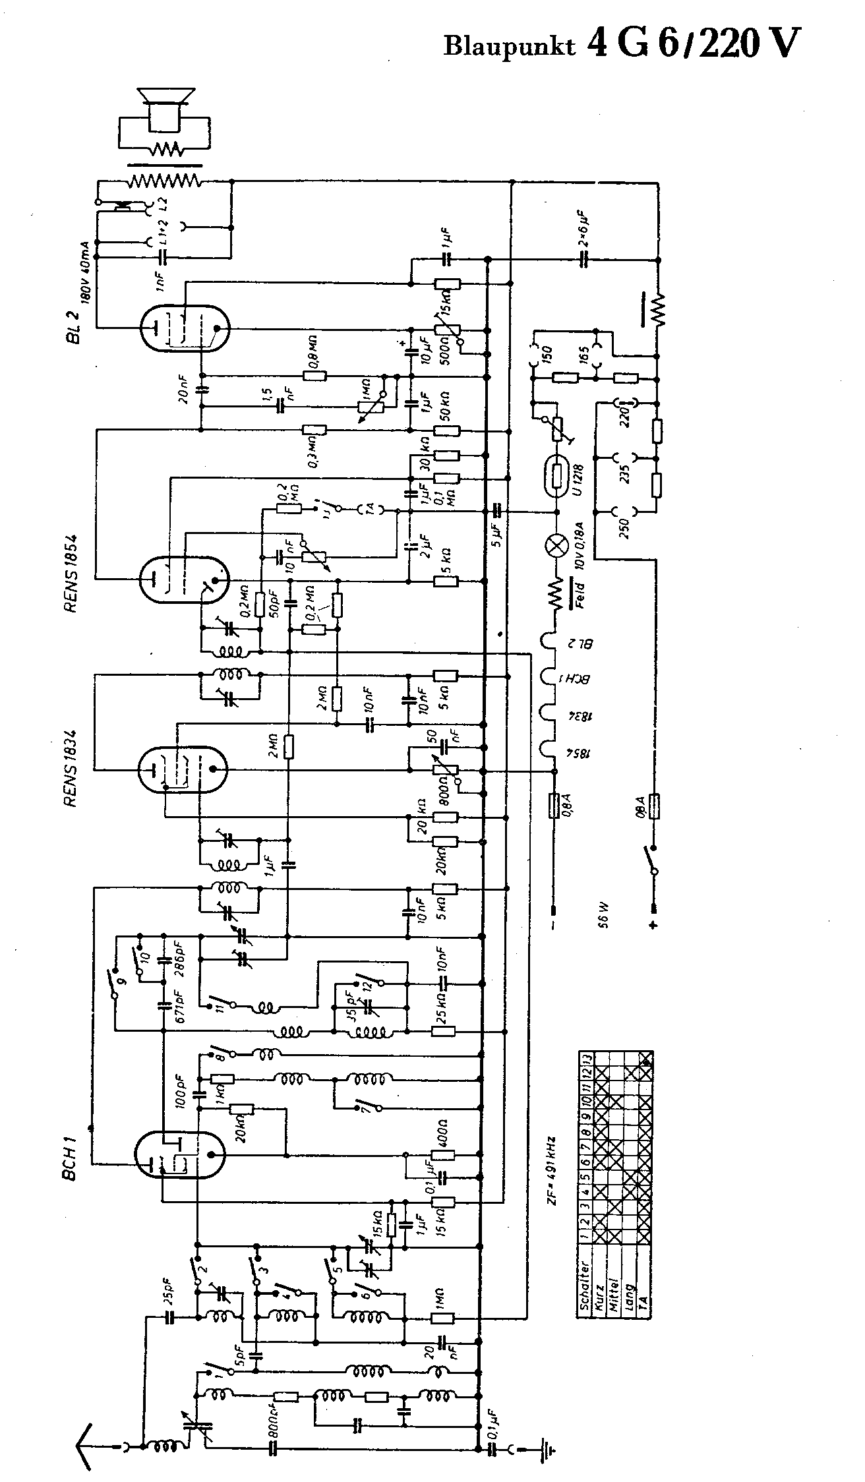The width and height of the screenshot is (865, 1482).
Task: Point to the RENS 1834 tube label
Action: (72, 768)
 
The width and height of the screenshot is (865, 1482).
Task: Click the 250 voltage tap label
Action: (623, 527)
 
